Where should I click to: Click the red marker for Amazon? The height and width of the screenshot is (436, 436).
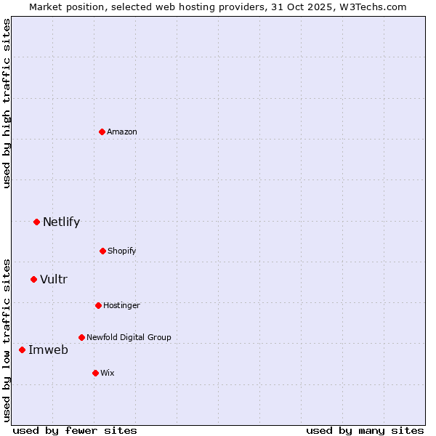pos(102,132)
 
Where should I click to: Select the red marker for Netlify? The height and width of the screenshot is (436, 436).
pos(36,222)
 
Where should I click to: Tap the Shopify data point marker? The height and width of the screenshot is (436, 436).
pos(102,251)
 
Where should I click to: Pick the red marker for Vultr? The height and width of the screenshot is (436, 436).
pos(33,279)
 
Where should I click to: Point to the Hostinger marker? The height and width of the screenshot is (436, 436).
pos(98,305)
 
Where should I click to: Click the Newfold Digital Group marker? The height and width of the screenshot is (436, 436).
pos(81,337)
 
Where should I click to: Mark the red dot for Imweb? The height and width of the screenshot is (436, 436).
pos(22,350)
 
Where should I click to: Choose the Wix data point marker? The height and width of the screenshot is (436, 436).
pos(95,373)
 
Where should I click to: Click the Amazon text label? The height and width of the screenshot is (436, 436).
pos(122,132)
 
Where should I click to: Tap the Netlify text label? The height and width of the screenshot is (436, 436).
pos(61,222)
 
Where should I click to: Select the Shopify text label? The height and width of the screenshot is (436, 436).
pos(122,251)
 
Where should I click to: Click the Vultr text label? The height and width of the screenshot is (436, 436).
pos(54,279)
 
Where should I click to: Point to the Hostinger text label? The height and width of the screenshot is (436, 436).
pos(121,305)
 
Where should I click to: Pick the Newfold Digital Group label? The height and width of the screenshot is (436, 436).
pos(129,337)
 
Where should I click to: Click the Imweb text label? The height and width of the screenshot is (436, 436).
pos(48,350)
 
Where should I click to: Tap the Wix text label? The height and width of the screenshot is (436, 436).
pos(108,373)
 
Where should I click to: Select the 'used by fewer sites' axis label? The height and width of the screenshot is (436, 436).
pos(75,430)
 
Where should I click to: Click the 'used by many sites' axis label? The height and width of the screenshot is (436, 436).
pos(365,430)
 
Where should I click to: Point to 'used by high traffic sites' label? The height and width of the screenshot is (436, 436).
pos(7,103)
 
